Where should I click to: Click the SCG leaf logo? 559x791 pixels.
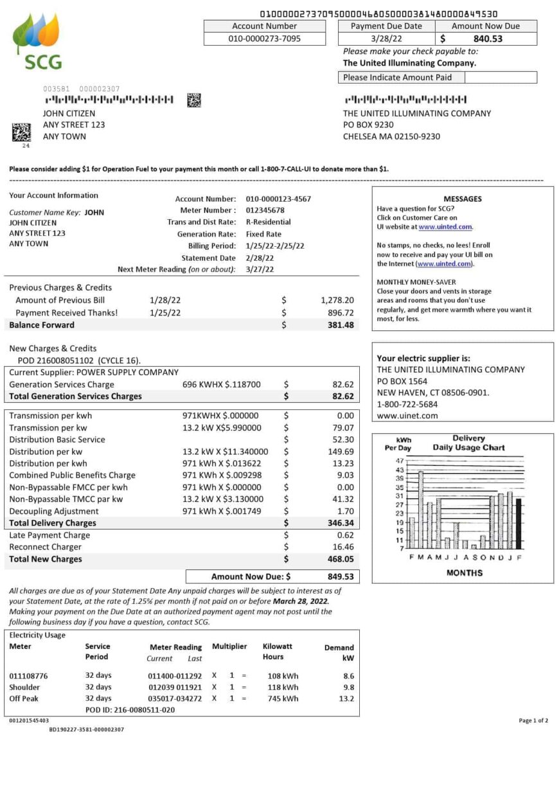37,41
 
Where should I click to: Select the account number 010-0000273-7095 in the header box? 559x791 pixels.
264,39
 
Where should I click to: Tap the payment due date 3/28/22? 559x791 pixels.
386,39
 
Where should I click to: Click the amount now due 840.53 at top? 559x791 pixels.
488,39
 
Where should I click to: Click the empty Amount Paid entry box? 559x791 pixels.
500,78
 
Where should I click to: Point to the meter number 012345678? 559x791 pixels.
265,210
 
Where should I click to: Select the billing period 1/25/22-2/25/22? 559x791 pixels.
275,246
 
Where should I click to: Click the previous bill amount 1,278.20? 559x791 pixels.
337,300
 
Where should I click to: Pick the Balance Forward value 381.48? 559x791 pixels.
340,325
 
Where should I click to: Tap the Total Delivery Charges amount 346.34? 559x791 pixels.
340,524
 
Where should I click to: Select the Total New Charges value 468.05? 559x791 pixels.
340,560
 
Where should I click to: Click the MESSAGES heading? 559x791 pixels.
462,199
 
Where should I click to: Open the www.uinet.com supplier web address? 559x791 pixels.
407,416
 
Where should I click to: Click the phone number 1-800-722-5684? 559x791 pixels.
407,404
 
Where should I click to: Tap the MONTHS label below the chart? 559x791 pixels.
464,573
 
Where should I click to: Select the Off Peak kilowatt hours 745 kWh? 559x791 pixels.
283,698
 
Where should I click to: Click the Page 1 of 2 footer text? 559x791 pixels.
533,721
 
